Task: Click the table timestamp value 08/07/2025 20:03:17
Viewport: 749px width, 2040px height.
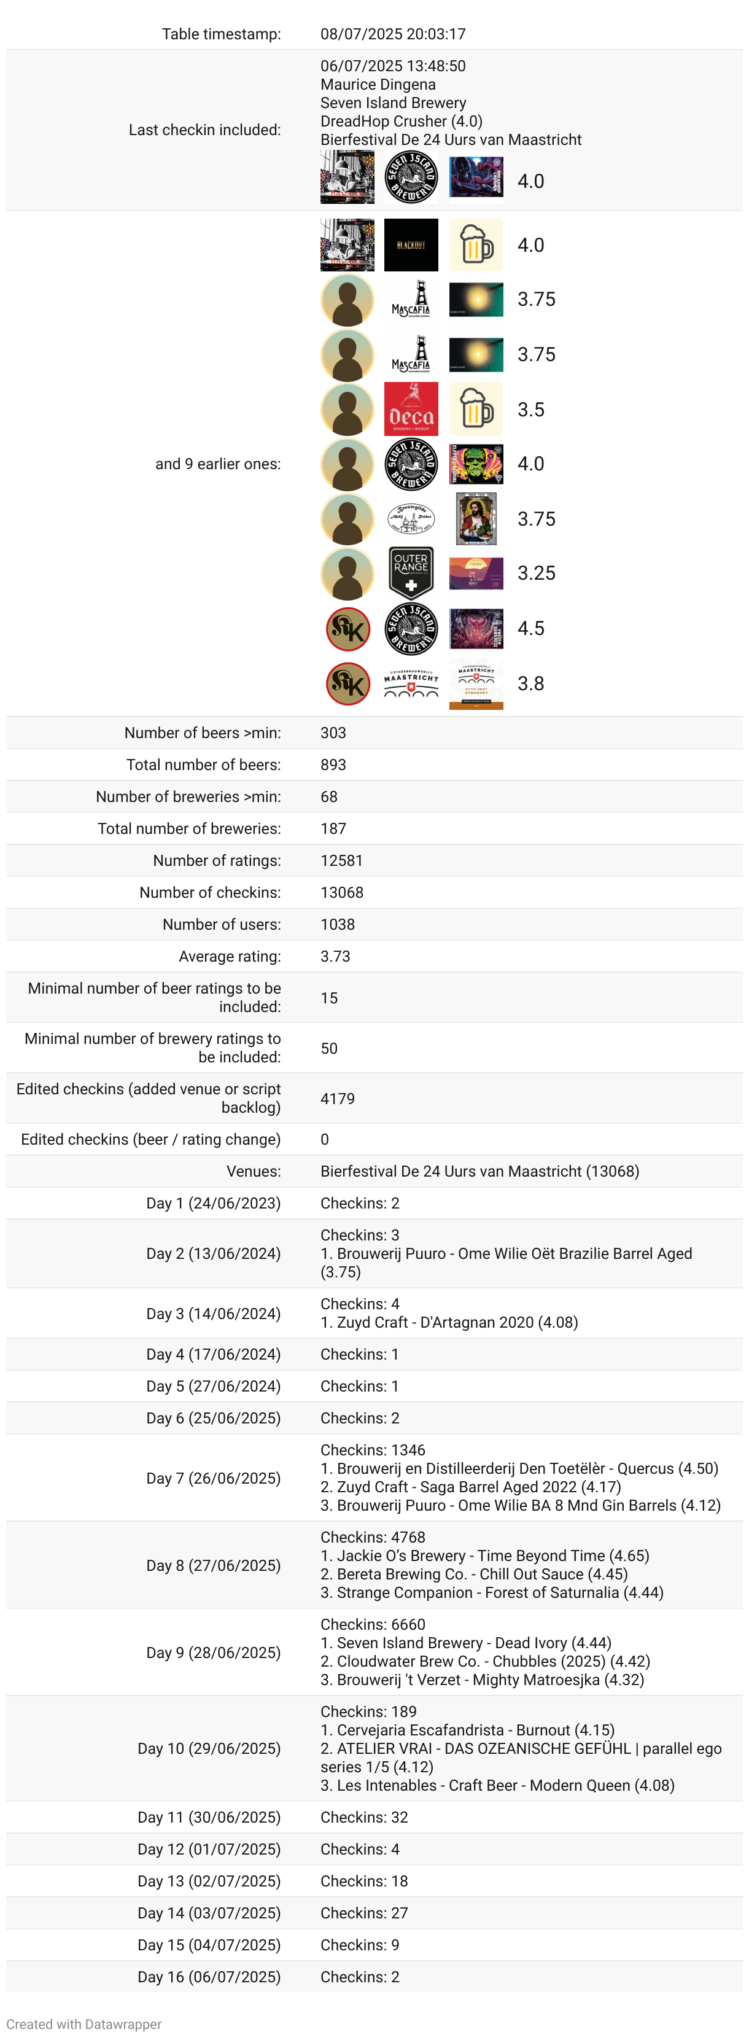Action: pyautogui.click(x=393, y=34)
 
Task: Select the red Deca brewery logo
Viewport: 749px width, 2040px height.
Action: pyautogui.click(x=411, y=410)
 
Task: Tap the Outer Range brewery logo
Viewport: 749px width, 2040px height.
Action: pyautogui.click(x=411, y=572)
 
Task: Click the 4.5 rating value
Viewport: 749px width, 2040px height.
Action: pyautogui.click(x=530, y=628)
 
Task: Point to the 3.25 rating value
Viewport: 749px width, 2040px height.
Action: pyautogui.click(x=536, y=572)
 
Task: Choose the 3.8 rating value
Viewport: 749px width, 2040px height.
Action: pyautogui.click(x=530, y=683)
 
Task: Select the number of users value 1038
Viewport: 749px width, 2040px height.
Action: pyautogui.click(x=337, y=924)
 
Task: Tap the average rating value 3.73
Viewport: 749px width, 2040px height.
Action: pyautogui.click(x=335, y=957)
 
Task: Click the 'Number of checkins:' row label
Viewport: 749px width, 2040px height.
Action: pyautogui.click(x=210, y=892)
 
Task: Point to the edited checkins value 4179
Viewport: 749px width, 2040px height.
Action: pyautogui.click(x=337, y=1099)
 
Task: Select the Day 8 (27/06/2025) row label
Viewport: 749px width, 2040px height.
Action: pyautogui.click(x=213, y=1566)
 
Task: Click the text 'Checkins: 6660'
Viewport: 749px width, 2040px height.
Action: pyautogui.click(x=373, y=1624)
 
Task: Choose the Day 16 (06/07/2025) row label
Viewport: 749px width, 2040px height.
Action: pyautogui.click(x=209, y=1977)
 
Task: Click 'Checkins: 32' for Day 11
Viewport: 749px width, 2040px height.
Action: pyautogui.click(x=364, y=1818)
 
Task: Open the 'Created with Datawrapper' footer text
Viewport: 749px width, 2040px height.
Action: pyautogui.click(x=84, y=2024)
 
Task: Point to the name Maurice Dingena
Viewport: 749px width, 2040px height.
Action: pyautogui.click(x=378, y=85)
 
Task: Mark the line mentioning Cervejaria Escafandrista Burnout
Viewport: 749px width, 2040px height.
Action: pyautogui.click(x=467, y=1729)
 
